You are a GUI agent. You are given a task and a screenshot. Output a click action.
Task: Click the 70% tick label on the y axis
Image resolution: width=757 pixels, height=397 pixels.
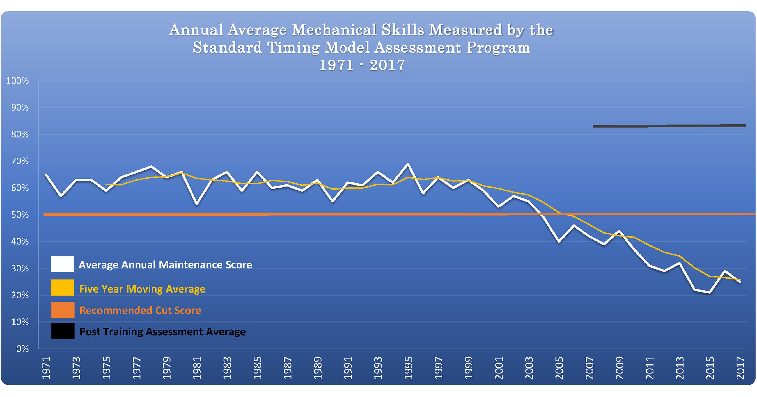click(20, 161)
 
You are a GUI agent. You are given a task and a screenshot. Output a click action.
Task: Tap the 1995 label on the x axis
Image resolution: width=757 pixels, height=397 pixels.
click(409, 368)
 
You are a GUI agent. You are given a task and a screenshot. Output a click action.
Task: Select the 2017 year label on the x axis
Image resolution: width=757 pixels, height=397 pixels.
click(740, 368)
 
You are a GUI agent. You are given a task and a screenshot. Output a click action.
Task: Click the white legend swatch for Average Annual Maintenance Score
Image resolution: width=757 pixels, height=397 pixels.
click(62, 264)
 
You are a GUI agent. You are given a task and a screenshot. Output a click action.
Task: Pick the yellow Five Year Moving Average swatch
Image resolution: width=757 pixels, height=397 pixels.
click(62, 287)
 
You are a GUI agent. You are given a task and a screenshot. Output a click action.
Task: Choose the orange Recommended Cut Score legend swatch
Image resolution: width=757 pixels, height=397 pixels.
click(63, 310)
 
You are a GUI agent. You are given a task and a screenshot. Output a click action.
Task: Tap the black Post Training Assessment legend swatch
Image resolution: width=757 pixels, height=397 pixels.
click(63, 331)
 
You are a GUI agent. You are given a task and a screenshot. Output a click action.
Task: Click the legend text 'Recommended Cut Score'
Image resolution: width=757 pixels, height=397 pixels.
click(140, 310)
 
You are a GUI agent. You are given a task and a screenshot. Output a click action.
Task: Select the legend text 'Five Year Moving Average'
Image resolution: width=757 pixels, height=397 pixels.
click(142, 289)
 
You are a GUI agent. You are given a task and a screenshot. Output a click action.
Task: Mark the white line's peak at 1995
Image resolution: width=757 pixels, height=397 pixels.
click(408, 164)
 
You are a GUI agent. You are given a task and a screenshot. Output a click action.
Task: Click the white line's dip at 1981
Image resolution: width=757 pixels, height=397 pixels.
click(197, 204)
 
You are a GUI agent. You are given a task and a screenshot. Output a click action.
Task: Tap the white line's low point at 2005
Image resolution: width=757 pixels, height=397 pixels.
click(559, 242)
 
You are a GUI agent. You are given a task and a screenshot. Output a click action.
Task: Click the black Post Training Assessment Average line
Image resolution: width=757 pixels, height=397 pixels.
click(670, 126)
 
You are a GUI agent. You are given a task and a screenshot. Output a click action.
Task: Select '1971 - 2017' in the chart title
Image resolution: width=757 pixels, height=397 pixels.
click(362, 65)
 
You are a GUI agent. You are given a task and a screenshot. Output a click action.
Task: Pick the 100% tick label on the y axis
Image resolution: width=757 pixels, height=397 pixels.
click(17, 81)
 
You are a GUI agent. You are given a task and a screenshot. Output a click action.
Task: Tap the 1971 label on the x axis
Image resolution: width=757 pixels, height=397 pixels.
click(46, 368)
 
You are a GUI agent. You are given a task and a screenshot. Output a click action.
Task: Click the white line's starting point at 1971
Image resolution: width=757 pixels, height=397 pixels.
click(46, 174)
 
